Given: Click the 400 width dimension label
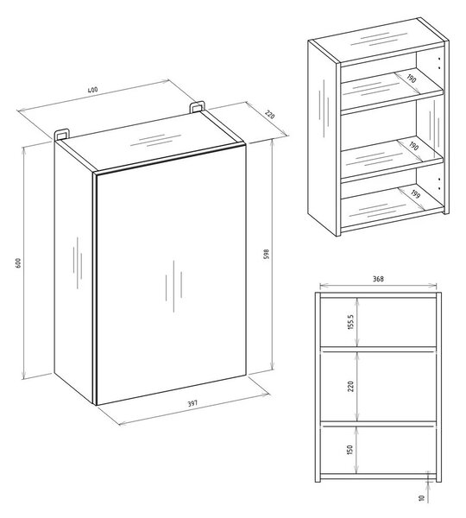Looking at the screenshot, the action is click(93, 90).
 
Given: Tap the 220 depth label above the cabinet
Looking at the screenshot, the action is click(270, 115).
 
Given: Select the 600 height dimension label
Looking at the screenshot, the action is click(18, 263).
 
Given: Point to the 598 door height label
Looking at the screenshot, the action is click(267, 254).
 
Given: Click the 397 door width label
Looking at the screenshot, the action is click(192, 403).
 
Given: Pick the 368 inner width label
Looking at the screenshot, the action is click(378, 279).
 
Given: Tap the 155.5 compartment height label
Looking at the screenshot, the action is click(350, 322).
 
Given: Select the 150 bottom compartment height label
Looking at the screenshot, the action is click(350, 450).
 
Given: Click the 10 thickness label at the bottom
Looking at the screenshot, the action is click(421, 498).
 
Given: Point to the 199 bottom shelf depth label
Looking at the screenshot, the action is click(415, 194).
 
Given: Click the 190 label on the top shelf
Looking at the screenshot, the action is click(412, 79).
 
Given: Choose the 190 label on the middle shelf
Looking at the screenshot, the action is click(414, 146).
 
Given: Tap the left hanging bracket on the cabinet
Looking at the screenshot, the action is click(62, 135).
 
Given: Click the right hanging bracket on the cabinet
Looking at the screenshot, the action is click(197, 107).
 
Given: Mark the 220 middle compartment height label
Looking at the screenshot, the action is click(350, 386).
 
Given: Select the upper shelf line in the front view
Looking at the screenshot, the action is click(378, 349).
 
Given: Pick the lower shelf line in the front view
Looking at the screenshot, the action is click(378, 424).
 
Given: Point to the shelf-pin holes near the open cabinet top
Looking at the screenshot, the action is click(439, 63).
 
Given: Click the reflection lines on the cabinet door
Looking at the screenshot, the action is click(173, 286).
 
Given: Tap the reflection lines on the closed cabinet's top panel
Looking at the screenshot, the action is click(156, 141).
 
